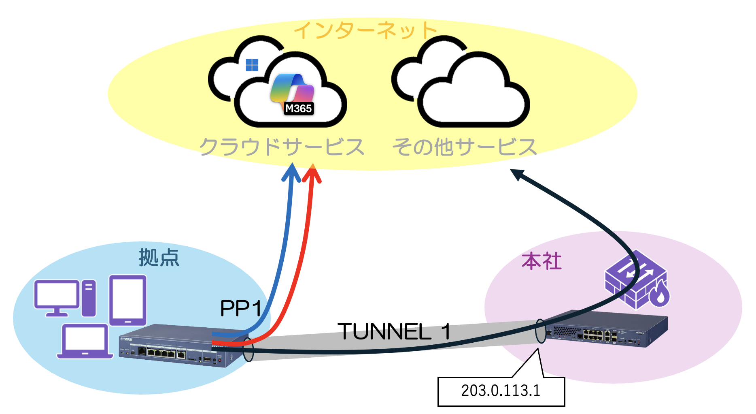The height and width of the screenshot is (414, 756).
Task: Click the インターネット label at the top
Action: pyautogui.click(x=365, y=30)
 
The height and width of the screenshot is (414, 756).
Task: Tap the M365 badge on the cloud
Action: pyautogui.click(x=299, y=109)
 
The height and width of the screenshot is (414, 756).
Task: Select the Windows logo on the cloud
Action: pyautogui.click(x=252, y=65)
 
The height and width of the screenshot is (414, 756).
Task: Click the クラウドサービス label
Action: pyautogui.click(x=282, y=147)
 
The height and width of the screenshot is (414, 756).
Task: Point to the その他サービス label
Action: pyautogui.click(x=465, y=147)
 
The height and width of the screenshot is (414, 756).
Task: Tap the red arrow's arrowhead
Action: pyautogui.click(x=312, y=173)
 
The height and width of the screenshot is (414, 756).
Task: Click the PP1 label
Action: pyautogui.click(x=241, y=309)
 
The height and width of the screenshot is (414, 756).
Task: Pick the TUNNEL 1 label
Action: pyautogui.click(x=394, y=331)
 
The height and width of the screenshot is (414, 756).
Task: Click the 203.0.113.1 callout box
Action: pyautogui.click(x=501, y=391)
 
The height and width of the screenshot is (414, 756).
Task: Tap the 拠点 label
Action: pyautogui.click(x=159, y=258)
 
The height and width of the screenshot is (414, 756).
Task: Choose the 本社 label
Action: pyautogui.click(x=542, y=261)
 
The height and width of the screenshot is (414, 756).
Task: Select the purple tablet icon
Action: pyautogui.click(x=127, y=300)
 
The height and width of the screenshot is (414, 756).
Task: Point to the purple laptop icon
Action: pyautogui.click(x=85, y=341)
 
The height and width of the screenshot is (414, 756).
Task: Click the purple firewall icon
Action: pyautogui.click(x=635, y=280)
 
